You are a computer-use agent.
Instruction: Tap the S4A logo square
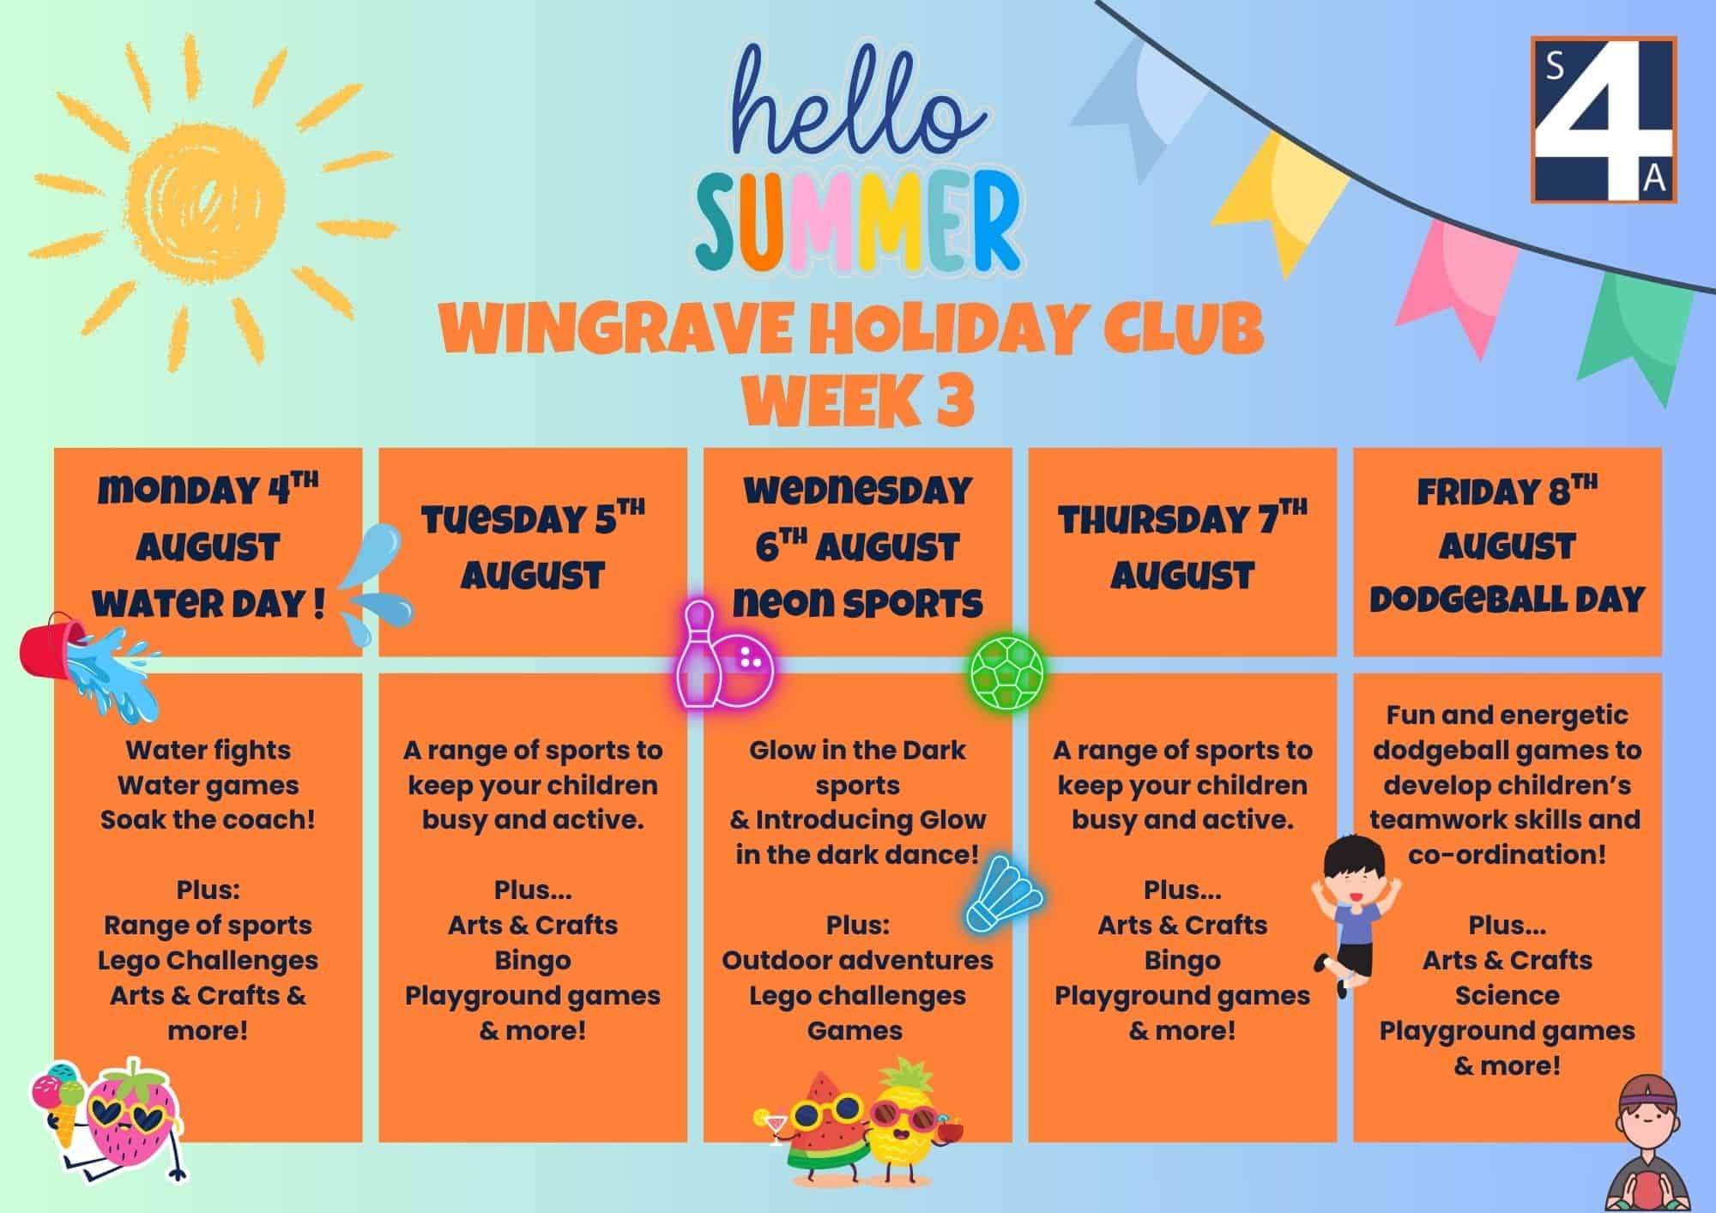point(1604,119)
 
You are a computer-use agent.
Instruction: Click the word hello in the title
point(856,98)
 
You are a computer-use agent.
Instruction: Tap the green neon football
point(1008,670)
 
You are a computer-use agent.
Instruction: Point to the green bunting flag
point(1634,335)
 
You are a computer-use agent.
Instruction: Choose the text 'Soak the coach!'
point(208,820)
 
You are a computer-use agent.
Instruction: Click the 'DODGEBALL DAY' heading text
point(1507,600)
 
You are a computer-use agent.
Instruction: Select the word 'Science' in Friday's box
point(1507,996)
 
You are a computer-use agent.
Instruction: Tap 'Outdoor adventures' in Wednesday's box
point(857,961)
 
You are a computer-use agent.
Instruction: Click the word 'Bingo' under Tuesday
point(533,961)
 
